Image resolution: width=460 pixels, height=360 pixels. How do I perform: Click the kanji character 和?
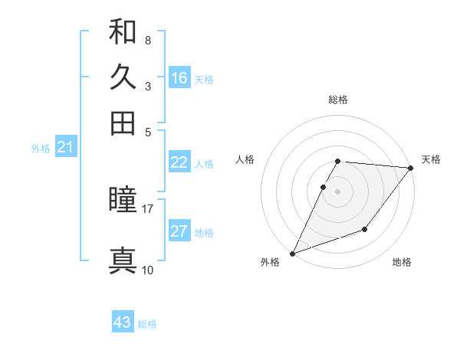pos(123,31)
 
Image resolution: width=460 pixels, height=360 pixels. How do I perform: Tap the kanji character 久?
pos(123,77)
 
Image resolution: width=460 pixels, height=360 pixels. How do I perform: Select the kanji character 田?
pos(123,123)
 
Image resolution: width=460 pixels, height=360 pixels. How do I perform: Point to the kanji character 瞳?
pos(123,200)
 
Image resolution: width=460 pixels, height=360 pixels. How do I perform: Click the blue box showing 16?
pos(179,77)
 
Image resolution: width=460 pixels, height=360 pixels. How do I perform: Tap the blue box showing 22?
pos(179,162)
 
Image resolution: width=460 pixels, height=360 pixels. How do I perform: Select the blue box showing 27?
pos(179,231)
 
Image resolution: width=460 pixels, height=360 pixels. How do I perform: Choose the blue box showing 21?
pos(65,148)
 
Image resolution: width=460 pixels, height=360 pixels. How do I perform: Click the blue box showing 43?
pos(123,322)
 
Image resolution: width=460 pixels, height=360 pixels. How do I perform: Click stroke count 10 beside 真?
pos(148,270)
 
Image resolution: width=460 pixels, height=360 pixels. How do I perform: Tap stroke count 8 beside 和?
pos(148,40)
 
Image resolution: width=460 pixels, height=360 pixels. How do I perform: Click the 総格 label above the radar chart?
pos(338,100)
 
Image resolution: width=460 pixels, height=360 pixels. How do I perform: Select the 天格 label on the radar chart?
pos(431,159)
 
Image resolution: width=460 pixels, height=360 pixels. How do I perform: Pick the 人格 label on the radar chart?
pos(245,159)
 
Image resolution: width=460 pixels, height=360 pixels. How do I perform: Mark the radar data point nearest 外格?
pos(292,253)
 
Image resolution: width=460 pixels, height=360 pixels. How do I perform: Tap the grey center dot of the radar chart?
pos(338,191)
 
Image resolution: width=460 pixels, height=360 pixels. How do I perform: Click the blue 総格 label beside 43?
pos(147,324)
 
